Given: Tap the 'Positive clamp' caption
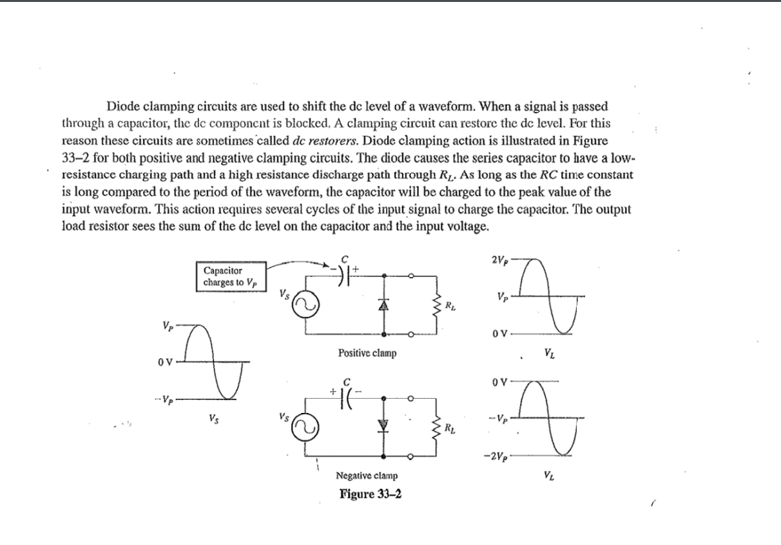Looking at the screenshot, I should (367, 354).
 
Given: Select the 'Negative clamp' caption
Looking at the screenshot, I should (367, 475).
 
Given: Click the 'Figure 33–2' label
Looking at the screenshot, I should (367, 493).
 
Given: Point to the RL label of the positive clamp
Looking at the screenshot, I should (451, 306).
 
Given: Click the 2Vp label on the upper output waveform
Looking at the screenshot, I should (499, 260).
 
